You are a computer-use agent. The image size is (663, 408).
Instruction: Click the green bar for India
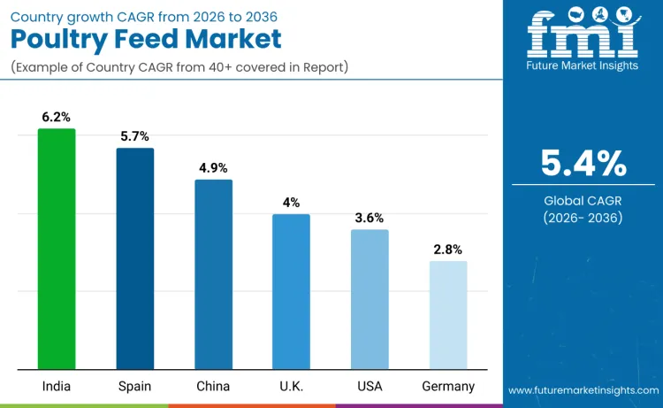(57, 249)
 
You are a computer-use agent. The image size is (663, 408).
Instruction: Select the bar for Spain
(135, 258)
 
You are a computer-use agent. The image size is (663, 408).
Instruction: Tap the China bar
(213, 274)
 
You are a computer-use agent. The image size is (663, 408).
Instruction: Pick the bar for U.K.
(291, 291)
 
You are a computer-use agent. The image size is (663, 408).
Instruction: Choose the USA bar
(370, 299)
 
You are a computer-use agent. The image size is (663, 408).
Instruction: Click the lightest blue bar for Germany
(448, 314)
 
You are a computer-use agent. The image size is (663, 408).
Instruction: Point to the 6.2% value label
(57, 117)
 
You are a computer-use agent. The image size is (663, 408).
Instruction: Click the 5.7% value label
(135, 136)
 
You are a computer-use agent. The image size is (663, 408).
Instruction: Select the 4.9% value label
(213, 168)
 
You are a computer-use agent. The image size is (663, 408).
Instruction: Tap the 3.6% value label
(370, 218)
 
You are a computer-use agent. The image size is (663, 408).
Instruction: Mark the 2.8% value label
(448, 250)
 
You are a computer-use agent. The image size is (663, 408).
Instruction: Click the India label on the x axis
(57, 387)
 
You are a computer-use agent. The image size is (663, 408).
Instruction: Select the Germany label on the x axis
(448, 387)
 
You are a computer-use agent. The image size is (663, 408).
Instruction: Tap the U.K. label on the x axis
(291, 387)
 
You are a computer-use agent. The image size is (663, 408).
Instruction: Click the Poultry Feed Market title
(146, 39)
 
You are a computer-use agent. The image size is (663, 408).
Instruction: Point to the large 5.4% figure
(583, 164)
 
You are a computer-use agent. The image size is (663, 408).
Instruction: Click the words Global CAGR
(583, 201)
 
